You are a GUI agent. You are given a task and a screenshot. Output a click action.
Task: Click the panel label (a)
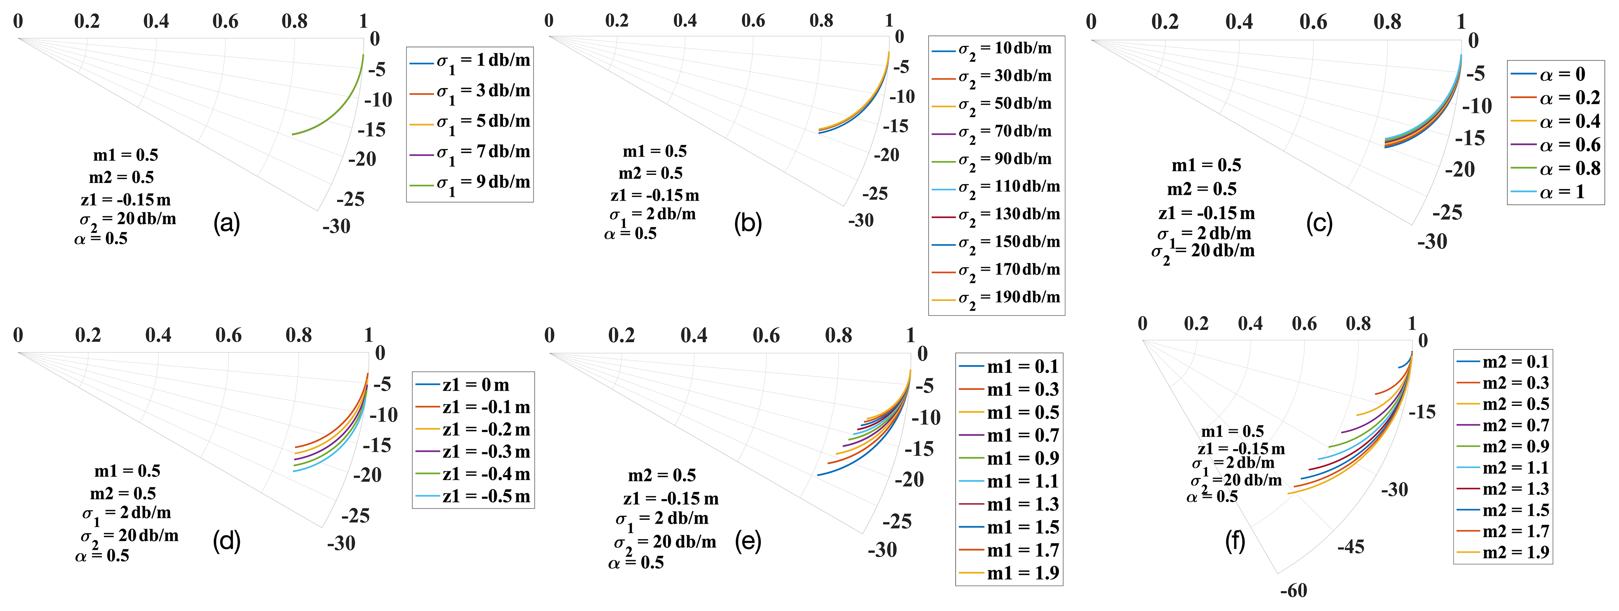click(226, 224)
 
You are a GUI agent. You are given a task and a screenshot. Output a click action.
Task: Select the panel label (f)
click(1235, 541)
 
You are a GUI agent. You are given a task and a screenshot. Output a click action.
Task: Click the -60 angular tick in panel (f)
click(1293, 591)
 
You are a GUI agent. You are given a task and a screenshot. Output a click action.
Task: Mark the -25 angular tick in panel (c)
click(1447, 213)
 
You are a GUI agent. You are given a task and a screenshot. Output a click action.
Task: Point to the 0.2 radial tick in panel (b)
click(616, 21)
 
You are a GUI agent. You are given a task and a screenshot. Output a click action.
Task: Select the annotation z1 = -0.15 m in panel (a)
click(126, 200)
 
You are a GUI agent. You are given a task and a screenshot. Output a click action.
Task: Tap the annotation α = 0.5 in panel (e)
click(636, 562)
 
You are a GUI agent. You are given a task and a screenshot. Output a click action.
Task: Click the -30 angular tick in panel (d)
click(341, 543)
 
